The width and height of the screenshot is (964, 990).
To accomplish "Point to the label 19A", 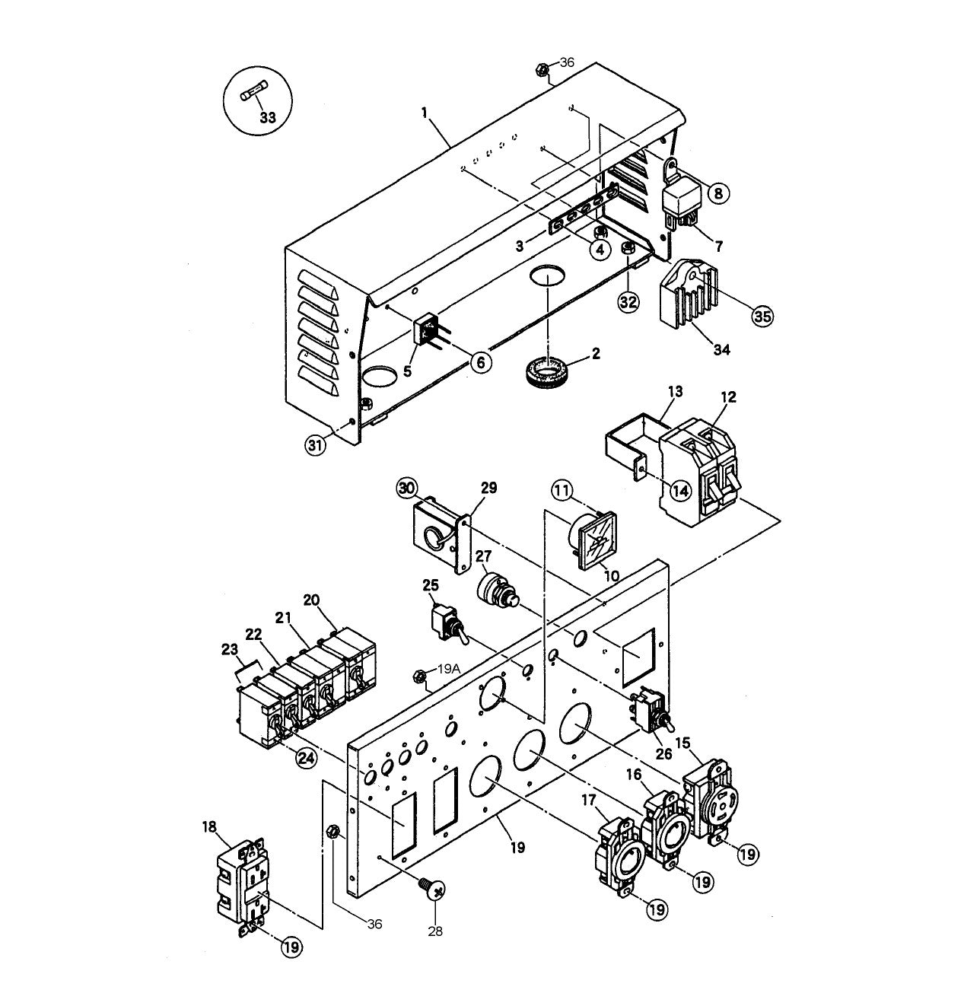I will [449, 670].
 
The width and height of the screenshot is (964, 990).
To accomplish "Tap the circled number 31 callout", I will [315, 444].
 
